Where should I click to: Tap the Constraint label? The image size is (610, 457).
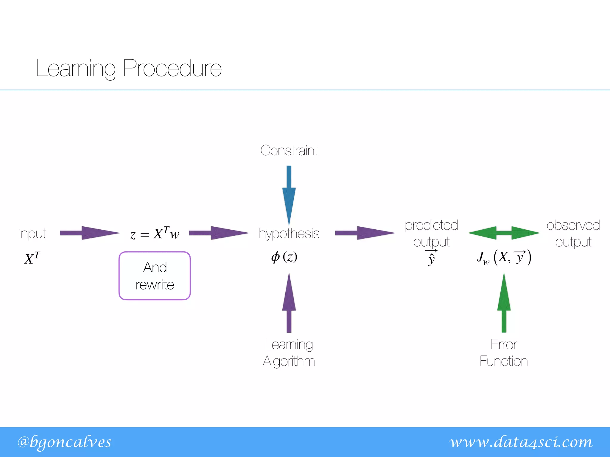point(289,151)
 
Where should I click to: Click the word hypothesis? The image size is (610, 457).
point(289,234)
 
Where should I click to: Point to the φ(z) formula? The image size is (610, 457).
point(284,257)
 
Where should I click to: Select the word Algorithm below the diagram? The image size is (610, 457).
point(289,361)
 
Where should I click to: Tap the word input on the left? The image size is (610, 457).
point(32,234)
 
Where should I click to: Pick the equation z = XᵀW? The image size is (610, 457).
point(155,234)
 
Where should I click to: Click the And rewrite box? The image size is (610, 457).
point(155,276)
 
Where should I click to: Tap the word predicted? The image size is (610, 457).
point(431,226)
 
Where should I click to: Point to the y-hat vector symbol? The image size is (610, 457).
point(431,258)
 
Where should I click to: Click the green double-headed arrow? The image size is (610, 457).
point(504,233)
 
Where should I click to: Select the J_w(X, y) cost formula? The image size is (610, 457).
point(504,258)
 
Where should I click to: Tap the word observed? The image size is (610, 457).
point(573,226)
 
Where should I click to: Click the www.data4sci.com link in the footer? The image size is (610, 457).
point(521,442)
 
